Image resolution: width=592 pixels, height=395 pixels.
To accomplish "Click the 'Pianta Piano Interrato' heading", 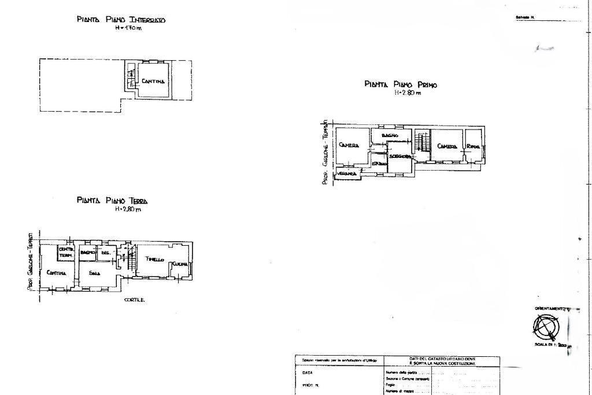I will point(121,20).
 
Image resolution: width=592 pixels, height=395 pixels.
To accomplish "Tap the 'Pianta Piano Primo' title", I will point(401,84).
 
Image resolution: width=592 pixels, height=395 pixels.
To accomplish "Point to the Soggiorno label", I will point(400,156).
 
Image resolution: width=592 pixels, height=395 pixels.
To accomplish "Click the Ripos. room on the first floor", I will point(474,146).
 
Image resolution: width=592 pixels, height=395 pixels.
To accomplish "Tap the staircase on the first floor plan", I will point(423,141).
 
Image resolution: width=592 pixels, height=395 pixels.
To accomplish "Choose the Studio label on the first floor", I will point(379,164).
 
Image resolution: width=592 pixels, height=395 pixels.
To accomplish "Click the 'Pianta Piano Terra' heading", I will point(112,201).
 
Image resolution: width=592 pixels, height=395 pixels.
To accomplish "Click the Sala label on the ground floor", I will point(95,272).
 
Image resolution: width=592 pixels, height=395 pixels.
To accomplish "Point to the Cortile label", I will point(134,300).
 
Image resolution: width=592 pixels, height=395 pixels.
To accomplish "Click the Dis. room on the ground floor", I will point(105,252).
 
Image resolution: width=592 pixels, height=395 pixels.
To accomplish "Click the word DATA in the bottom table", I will point(308,373).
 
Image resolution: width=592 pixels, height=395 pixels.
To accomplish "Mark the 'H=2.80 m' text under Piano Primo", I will point(408,93).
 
